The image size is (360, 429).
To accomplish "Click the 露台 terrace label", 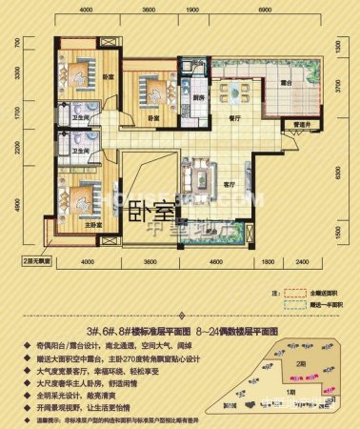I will coord(284,84).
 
